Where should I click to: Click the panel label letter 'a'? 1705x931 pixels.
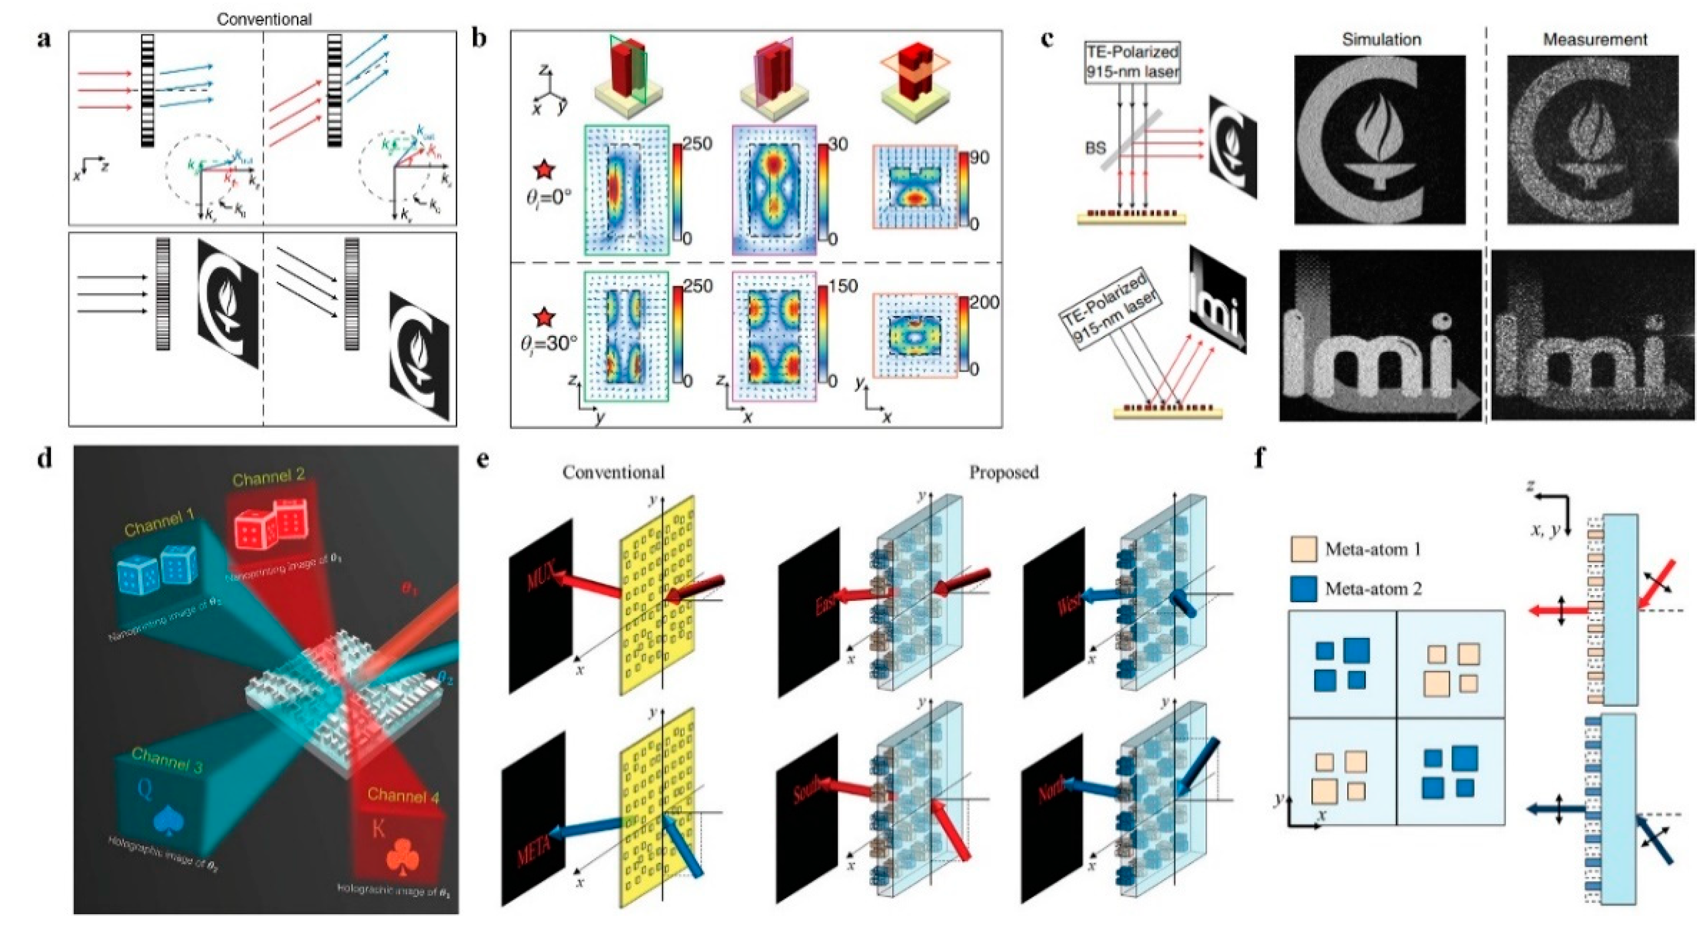coord(44,40)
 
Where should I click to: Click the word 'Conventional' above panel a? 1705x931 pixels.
coord(264,19)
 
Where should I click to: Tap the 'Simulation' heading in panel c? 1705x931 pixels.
coord(1381,40)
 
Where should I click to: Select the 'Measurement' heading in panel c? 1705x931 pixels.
coord(1595,40)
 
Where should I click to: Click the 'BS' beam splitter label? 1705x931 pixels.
coord(1095,148)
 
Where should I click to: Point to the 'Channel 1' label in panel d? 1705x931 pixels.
coord(159,524)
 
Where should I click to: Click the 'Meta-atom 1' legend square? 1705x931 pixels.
coord(1303,549)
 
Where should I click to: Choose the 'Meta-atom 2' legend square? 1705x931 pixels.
coord(1303,588)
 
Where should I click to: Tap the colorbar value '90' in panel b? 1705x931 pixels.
coord(979,158)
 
